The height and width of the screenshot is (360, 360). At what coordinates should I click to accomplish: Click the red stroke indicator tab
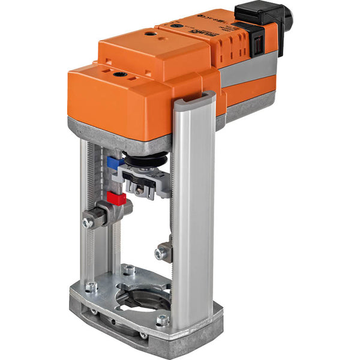pyautogui.click(x=116, y=197)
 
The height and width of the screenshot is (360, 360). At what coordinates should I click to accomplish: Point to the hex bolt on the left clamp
pyautogui.click(x=88, y=222)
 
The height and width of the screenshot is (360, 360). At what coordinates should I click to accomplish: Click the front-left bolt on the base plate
pyautogui.click(x=91, y=287)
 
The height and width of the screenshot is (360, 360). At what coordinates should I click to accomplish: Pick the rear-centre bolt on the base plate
pyautogui.click(x=128, y=270)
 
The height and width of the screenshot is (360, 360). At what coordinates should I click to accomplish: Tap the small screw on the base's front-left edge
pyautogui.click(x=94, y=311)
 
